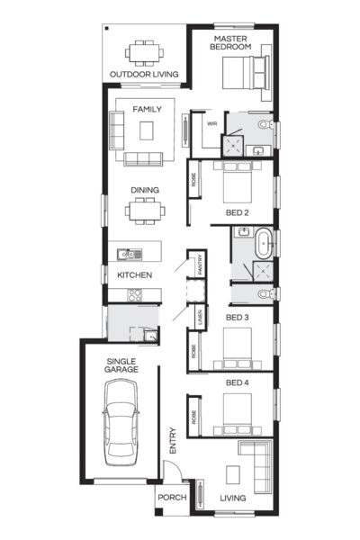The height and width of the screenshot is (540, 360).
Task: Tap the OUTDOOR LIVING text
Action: tap(144, 75)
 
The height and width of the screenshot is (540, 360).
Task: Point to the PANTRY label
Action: tap(202, 265)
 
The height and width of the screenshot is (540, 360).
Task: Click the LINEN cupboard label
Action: tap(201, 317)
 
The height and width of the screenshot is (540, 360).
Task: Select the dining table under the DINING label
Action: tap(145, 213)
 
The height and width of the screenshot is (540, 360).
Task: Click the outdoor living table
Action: tap(143, 52)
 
